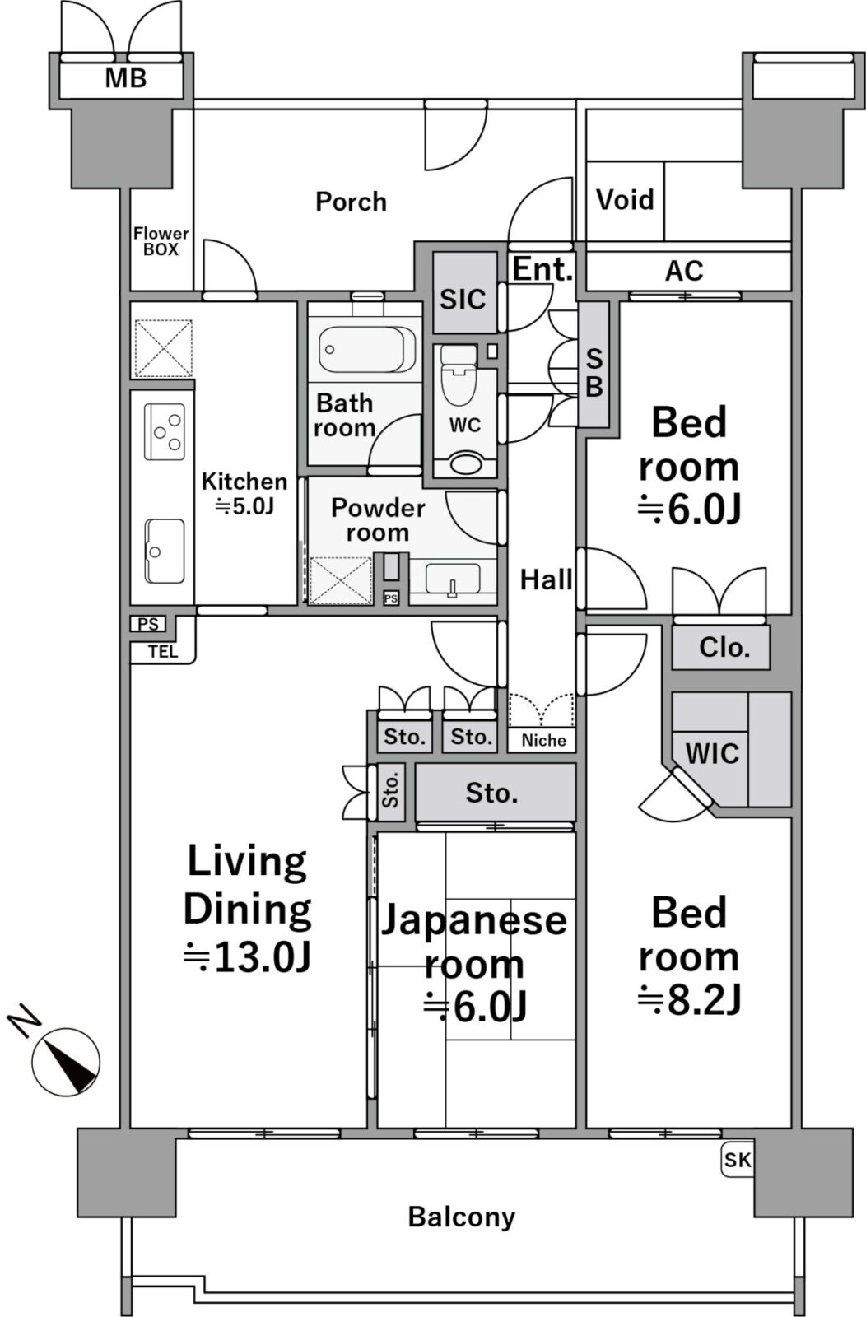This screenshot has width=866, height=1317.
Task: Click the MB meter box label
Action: tap(126, 78)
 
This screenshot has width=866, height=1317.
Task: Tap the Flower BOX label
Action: tap(161, 242)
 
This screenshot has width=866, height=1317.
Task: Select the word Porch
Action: tap(351, 202)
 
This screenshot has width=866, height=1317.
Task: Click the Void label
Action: tap(625, 199)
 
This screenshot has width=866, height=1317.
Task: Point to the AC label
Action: tap(684, 271)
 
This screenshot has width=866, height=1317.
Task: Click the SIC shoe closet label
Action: tap(463, 300)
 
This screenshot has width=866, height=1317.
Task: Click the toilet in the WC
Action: tap(459, 375)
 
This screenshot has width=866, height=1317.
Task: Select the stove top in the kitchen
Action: tap(165, 431)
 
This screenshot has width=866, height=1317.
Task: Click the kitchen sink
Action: tap(165, 551)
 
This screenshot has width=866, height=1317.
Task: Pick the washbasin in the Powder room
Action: tap(453, 579)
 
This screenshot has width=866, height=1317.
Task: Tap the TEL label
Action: tap(163, 652)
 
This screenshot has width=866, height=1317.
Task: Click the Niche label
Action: tap(543, 740)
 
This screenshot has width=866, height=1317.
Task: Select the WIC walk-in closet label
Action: tap(712, 754)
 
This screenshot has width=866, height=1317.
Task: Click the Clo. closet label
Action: tap(724, 647)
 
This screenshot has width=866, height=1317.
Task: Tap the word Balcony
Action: tap(462, 1217)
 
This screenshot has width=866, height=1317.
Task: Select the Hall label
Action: tap(546, 579)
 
